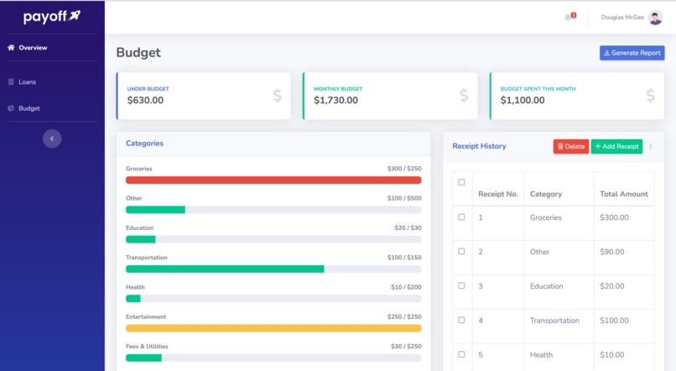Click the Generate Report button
632,53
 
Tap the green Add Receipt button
616,146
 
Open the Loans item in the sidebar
27,82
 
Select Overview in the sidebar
33,48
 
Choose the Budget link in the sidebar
29,108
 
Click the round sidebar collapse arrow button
52,138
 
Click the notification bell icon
569,17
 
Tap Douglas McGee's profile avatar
655,18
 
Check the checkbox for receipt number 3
461,285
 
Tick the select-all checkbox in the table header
461,182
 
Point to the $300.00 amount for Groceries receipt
614,217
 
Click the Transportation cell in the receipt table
554,321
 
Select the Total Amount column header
623,194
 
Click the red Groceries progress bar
273,180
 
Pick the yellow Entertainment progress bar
273,328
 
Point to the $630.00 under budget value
145,101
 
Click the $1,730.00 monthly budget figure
335,101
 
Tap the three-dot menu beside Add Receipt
651,147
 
